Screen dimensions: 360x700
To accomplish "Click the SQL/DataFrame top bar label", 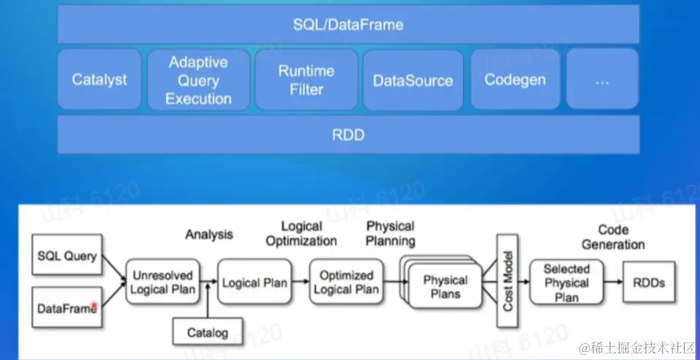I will click(x=348, y=25).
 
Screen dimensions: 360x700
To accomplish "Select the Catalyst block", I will click(x=99, y=80).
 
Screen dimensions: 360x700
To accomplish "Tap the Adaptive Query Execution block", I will click(x=199, y=80).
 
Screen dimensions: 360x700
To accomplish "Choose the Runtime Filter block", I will click(x=306, y=80).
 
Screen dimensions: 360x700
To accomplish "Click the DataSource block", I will click(x=413, y=80).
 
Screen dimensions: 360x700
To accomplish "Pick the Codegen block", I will click(x=515, y=80).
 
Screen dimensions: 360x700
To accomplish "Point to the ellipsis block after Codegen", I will click(x=601, y=80).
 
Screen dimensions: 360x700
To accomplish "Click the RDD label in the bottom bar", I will click(x=348, y=135).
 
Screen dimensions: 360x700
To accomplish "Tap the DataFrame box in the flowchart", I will click(x=67, y=309).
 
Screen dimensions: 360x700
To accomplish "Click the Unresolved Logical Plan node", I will click(x=163, y=282).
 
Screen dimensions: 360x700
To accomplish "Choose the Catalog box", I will click(x=208, y=332).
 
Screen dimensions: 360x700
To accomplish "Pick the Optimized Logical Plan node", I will click(x=346, y=282).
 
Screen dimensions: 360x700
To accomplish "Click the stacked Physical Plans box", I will click(x=445, y=286).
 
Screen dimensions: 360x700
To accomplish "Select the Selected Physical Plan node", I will click(x=566, y=282).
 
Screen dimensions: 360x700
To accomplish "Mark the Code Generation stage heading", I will click(x=613, y=236).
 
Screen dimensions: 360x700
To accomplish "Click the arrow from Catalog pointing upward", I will click(x=208, y=302).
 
